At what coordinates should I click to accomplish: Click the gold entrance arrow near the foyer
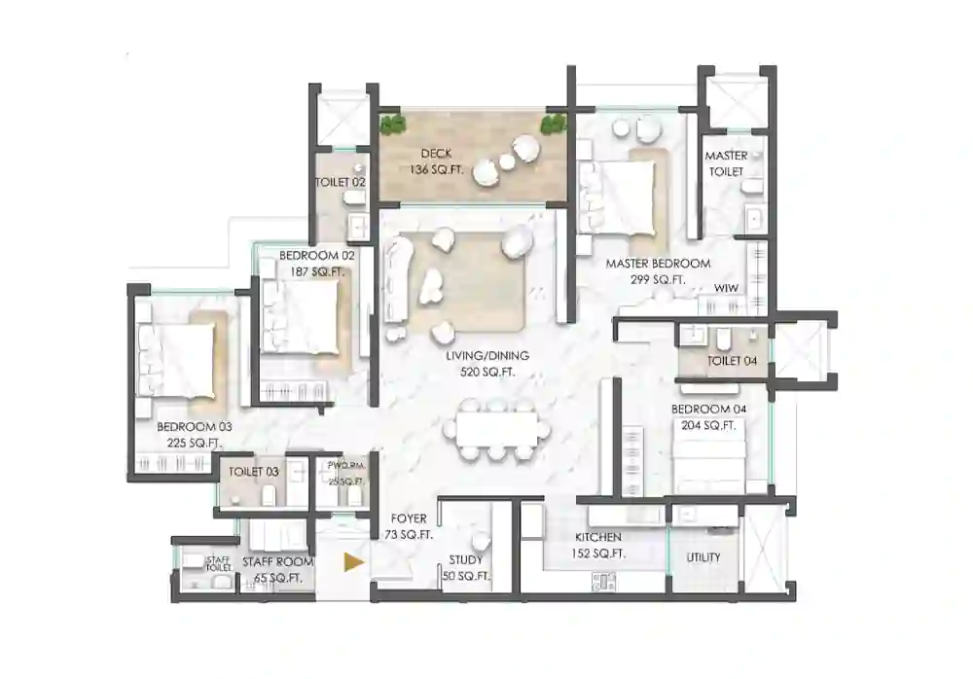(355, 561)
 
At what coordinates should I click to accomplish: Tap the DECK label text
(436, 154)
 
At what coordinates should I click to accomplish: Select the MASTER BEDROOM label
(658, 264)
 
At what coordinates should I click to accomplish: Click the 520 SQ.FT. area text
(475, 372)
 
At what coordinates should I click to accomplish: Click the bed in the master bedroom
(623, 193)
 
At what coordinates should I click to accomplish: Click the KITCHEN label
(597, 537)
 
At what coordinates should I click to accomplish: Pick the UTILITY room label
(703, 557)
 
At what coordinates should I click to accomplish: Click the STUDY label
(465, 560)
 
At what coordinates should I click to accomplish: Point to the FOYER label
(409, 519)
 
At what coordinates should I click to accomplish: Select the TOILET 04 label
(725, 361)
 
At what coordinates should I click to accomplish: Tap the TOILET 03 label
(253, 472)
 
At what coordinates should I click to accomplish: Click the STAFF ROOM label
(277, 562)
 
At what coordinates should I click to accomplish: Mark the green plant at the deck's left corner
(392, 125)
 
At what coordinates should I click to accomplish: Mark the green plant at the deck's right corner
(554, 124)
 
